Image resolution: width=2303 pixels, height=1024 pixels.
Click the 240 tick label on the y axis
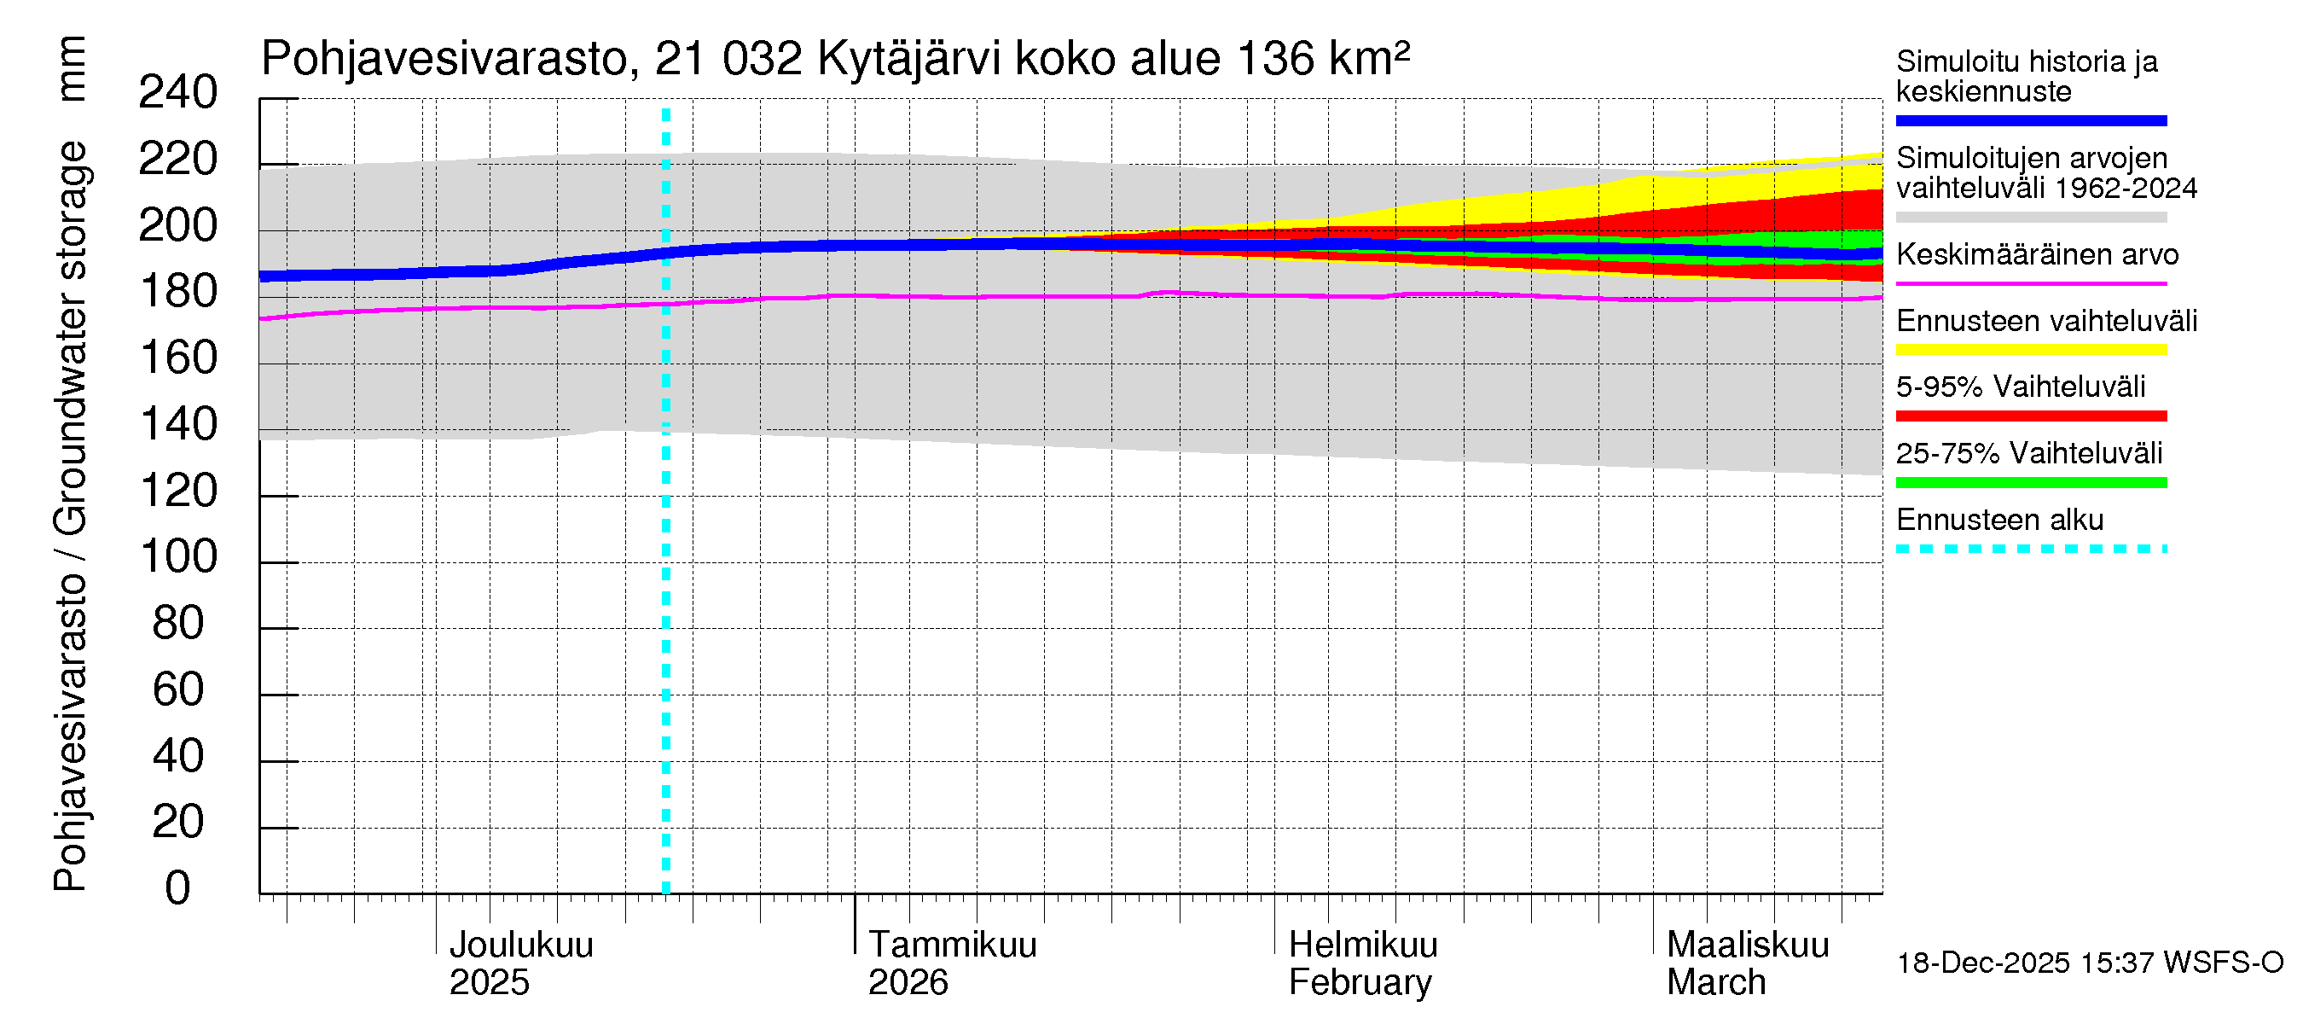[x=178, y=92]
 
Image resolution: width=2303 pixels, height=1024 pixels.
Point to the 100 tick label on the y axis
[x=178, y=557]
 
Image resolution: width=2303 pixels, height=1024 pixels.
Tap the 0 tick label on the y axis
[x=178, y=888]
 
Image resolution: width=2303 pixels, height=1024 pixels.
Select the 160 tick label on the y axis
[x=178, y=358]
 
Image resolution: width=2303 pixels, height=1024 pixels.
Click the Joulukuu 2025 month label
[x=520, y=963]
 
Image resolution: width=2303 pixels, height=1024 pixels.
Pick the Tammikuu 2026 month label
[x=951, y=963]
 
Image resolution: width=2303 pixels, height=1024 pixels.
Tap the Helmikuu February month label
[x=1362, y=963]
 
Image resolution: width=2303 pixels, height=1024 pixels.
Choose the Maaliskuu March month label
[x=1747, y=963]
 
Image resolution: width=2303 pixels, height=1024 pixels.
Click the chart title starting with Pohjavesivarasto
[x=835, y=59]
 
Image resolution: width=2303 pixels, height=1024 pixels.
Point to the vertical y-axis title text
[x=70, y=465]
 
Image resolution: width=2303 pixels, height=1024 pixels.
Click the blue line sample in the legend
[x=2030, y=120]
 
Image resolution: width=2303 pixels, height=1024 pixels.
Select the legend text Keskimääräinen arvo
[x=2037, y=255]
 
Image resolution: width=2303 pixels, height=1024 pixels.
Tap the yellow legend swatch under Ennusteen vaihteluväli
[x=2030, y=350]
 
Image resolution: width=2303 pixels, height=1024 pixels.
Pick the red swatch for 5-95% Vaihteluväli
[x=2030, y=416]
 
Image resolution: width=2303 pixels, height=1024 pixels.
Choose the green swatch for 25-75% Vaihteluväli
[x=2030, y=483]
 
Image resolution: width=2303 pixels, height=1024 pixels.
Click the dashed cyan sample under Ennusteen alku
[x=2030, y=549]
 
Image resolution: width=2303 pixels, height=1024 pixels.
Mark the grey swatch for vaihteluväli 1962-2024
[x=2030, y=218]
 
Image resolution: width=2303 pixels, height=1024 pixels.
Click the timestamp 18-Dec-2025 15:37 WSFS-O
[x=2089, y=963]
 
